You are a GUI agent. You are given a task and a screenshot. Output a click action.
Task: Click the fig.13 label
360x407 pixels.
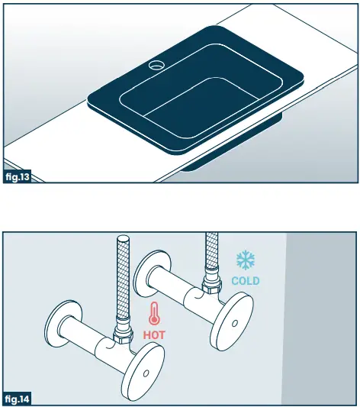pos(18,177)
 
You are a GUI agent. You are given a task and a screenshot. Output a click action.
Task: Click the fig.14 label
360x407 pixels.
pos(18,399)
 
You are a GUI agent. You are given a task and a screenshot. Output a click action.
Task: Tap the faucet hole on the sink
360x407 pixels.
pos(156,65)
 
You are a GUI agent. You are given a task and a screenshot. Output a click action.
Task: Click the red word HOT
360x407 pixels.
pos(154,335)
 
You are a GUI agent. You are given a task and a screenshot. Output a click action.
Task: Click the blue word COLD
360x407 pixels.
pos(246,281)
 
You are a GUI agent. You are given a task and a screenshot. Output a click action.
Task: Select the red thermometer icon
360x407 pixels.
pos(154,313)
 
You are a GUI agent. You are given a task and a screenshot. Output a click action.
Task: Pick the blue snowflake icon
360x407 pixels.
pos(246,260)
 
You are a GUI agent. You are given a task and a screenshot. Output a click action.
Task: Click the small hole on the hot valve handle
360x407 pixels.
pos(146,373)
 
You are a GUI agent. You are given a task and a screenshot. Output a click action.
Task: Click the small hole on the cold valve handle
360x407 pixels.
pos(235,324)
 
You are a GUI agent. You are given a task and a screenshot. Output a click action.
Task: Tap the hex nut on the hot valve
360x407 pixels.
pos(123,336)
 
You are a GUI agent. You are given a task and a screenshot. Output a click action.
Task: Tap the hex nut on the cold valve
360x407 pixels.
pos(212,286)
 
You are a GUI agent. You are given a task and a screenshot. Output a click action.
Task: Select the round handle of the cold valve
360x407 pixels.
pos(232,322)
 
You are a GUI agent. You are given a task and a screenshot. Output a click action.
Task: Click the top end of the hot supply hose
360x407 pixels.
pos(123,237)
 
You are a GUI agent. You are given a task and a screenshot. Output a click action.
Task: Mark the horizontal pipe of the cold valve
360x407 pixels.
pos(182,288)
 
